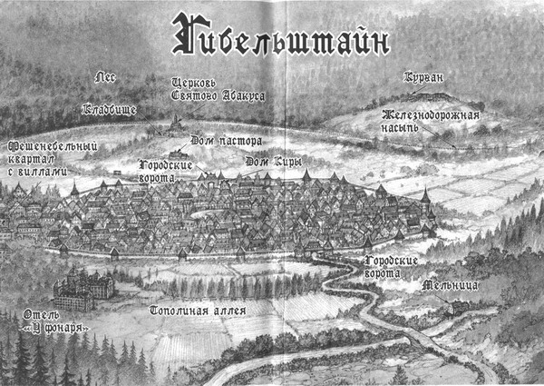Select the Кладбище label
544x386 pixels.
pyautogui.click(x=110, y=110)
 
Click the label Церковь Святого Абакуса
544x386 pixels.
pyautogui.click(x=210, y=89)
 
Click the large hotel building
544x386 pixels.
pyautogui.click(x=83, y=290)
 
